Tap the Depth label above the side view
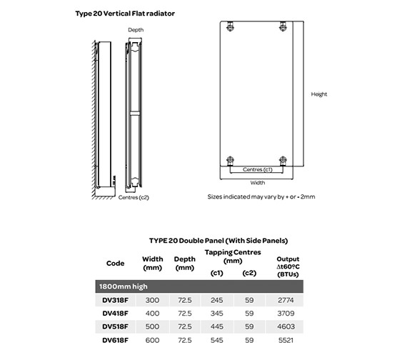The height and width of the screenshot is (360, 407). click(136, 30)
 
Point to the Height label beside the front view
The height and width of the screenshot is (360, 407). click(319, 94)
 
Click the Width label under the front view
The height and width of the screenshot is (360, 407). click(257, 182)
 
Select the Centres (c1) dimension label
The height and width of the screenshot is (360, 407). click(257, 169)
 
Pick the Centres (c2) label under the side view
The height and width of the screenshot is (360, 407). click(134, 196)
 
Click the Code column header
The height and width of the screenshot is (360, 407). click(115, 263)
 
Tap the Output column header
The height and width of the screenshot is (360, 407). click(287, 265)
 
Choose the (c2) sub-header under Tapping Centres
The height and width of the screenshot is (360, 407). click(248, 272)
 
